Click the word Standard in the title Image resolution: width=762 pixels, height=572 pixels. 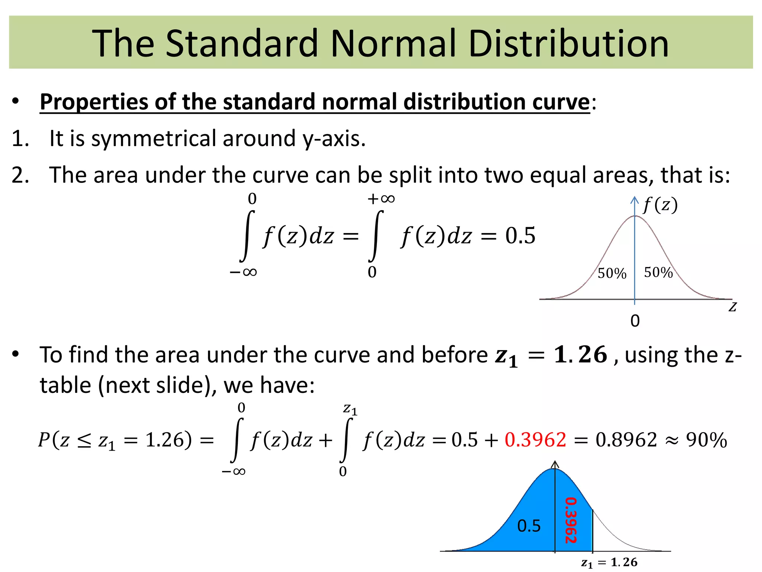242,44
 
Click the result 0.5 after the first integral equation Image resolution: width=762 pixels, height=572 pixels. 520,235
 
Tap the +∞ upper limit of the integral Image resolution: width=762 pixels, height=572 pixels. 381,198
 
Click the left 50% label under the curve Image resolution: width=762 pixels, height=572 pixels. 612,273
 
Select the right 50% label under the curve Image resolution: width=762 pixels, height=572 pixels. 658,273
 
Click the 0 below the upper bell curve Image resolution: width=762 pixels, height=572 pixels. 635,321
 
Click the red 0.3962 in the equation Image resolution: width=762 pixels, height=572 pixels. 535,440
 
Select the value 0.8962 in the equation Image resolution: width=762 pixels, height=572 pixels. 626,440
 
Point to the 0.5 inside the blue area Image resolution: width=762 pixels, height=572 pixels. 529,526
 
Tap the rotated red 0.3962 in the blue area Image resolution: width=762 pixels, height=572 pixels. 571,520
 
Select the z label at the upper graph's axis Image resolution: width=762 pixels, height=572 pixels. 733,307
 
